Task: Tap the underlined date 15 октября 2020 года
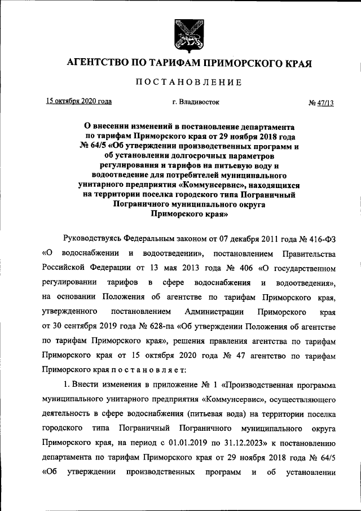[x=78, y=102]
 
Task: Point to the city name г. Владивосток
[x=188, y=102]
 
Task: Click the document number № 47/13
[x=321, y=103]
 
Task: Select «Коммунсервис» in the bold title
[x=209, y=185]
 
